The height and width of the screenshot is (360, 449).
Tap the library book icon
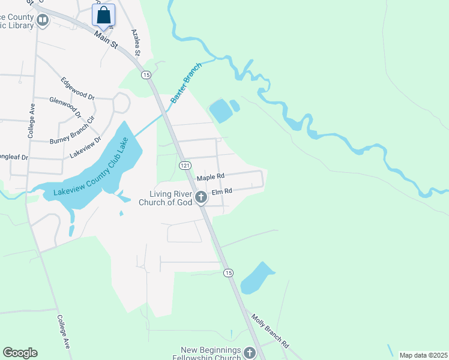pos(43,21)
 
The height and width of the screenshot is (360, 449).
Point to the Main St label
pos(106,41)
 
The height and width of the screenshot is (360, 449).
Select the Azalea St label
pos(136,43)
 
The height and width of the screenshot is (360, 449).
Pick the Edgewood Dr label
pos(78,88)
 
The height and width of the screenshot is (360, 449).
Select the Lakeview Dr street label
pos(83,146)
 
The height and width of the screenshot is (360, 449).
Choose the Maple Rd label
pos(210,176)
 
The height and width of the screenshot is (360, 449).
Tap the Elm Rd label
pos(221,191)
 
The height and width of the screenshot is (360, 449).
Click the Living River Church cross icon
pos(200,196)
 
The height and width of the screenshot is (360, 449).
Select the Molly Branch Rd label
pos(270,332)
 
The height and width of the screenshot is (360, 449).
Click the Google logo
pos(20,353)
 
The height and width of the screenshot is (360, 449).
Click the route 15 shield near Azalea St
pos(146,74)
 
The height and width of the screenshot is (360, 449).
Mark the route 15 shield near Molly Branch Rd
pos(228,272)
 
